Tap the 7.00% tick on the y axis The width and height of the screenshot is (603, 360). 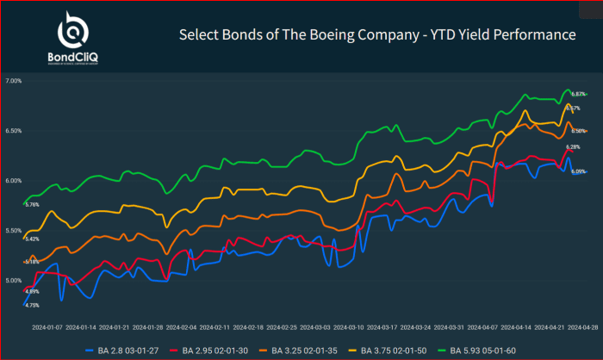pos(13,81)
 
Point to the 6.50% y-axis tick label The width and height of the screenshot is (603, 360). pos(13,131)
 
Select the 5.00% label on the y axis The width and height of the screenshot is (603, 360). pos(13,281)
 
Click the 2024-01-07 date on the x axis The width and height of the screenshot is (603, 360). pos(47,327)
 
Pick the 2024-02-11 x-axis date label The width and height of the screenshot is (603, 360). pos(214,327)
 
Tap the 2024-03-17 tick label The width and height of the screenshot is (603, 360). pos(382,327)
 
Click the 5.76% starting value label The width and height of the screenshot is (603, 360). pos(33,205)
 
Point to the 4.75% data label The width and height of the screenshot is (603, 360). pos(33,306)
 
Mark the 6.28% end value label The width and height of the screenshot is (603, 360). pos(573,147)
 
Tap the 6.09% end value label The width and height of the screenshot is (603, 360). pos(579,171)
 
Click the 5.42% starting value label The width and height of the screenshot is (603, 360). pos(33,239)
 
